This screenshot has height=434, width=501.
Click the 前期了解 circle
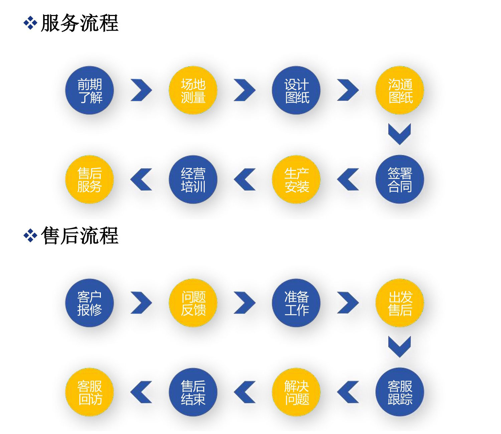pos(90,90)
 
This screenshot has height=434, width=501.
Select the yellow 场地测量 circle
pos(193,90)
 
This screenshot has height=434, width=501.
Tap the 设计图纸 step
pos(296,90)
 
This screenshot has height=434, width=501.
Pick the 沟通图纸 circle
pos(400,90)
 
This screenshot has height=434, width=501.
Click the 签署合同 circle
pos(400,180)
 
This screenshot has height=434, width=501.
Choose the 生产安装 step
pos(296,180)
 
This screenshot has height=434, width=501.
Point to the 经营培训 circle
pos(193,180)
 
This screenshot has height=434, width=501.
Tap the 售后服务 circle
pos(90,180)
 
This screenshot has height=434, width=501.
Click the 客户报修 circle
pos(90,303)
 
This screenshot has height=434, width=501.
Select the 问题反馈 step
pos(193,303)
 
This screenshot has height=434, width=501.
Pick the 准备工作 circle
pos(296,303)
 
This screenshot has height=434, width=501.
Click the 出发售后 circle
pos(400,303)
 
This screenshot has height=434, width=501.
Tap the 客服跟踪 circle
pos(400,392)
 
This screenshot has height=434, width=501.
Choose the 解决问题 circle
pos(296,392)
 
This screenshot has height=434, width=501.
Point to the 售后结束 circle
pos(193,392)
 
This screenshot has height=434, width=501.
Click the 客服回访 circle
pos(90,392)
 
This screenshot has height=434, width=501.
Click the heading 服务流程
pos(79,23)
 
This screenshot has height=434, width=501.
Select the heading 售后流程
pos(79,236)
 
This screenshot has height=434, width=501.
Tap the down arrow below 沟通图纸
pos(399,134)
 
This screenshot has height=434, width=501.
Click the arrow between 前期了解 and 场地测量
pos(141,90)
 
